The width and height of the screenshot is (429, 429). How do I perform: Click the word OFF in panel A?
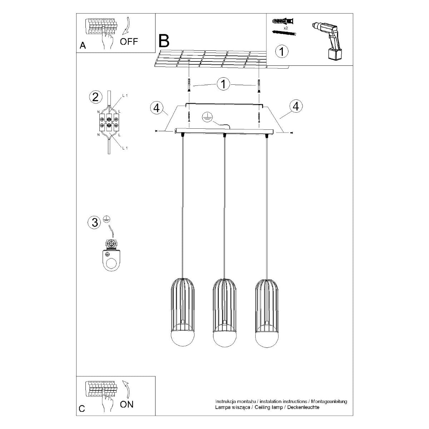click(129, 41)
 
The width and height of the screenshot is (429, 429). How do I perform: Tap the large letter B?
click(164, 41)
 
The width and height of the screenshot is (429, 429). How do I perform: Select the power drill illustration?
click(327, 41)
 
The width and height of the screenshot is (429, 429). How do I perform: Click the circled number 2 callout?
click(95, 97)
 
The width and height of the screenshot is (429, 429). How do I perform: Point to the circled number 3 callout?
click(95, 222)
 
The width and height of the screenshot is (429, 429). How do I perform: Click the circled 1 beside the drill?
click(282, 51)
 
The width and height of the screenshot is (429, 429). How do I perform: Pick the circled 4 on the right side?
click(296, 106)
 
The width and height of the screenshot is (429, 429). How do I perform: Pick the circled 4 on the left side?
click(157, 108)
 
